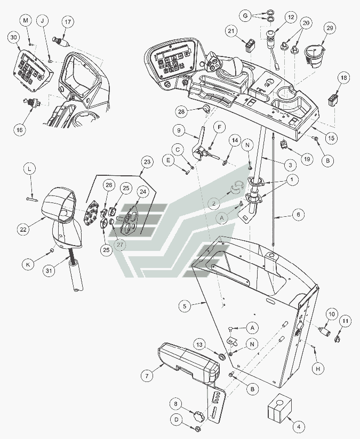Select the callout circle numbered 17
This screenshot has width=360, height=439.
[67, 21]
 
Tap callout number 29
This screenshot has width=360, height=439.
[329, 27]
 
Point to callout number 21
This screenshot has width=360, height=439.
[231, 31]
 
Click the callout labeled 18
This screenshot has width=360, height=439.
[344, 78]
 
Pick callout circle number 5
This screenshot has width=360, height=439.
[184, 306]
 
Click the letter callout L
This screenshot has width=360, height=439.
[30, 168]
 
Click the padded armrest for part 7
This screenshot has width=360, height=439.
[189, 362]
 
